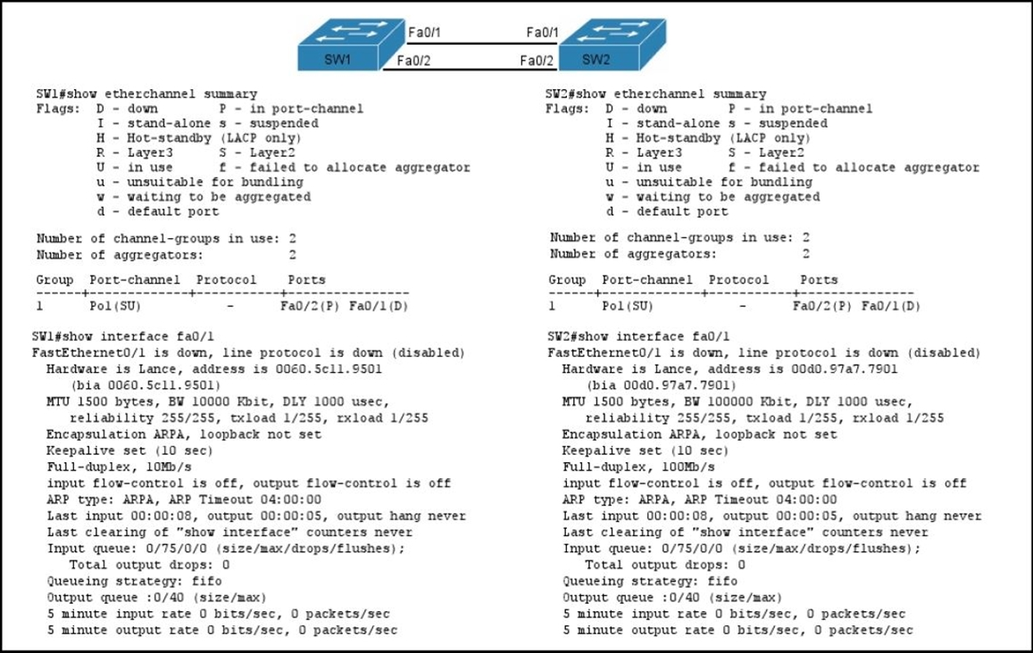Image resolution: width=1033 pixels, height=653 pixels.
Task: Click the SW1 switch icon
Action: (x=351, y=45)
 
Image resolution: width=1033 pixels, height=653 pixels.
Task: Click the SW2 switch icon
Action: (x=612, y=45)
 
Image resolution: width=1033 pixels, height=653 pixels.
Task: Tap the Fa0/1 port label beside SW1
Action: (x=424, y=32)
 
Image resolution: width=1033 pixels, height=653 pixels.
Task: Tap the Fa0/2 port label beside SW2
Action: (x=537, y=61)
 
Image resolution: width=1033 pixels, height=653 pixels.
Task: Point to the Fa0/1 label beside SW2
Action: (x=542, y=32)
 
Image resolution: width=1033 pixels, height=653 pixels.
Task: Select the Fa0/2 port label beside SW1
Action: (x=413, y=61)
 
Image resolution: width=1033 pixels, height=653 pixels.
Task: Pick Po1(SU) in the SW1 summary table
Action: (x=115, y=306)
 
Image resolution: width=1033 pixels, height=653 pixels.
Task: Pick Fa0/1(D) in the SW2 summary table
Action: (x=891, y=306)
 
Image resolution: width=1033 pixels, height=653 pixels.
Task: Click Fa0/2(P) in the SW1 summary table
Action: (x=310, y=306)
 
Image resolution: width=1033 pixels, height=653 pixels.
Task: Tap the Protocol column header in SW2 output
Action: (x=738, y=280)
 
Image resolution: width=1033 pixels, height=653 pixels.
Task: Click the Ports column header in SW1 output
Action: (x=306, y=280)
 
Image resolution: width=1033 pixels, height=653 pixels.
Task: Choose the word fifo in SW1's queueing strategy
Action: (x=206, y=582)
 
